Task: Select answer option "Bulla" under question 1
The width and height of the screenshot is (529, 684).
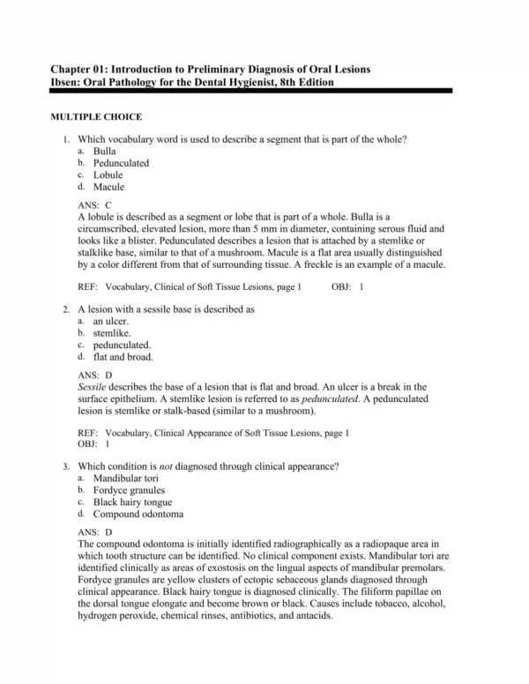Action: (x=105, y=152)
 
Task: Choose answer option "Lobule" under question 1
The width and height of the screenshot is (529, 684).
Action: (x=108, y=175)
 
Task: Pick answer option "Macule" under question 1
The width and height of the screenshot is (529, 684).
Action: (x=108, y=186)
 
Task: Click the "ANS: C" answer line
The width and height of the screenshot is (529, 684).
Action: (x=94, y=204)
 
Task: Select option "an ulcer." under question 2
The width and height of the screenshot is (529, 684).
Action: (x=111, y=322)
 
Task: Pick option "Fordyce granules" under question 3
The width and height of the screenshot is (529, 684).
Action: (x=130, y=490)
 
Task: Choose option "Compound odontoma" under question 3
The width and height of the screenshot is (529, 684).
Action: (x=135, y=514)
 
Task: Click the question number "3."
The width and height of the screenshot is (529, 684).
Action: (x=67, y=465)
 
